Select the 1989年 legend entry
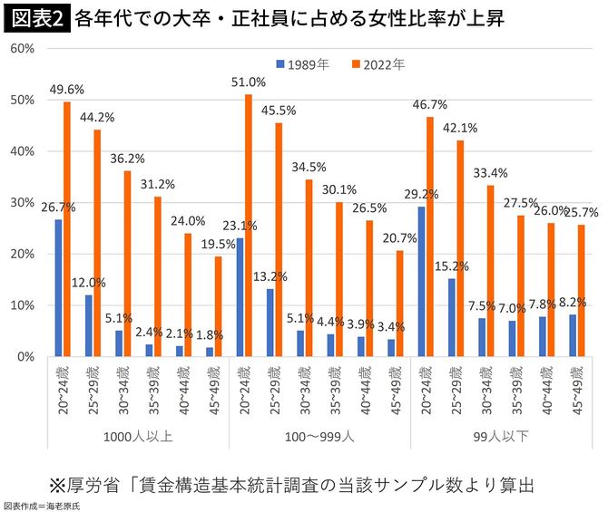(308, 64)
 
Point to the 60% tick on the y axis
(22, 48)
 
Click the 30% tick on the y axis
(22, 203)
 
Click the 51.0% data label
(250, 82)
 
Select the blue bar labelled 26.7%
(59, 288)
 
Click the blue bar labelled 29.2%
(422, 282)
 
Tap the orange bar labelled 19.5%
(219, 306)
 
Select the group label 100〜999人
(318, 437)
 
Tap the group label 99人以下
(500, 437)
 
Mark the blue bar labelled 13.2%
(270, 323)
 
